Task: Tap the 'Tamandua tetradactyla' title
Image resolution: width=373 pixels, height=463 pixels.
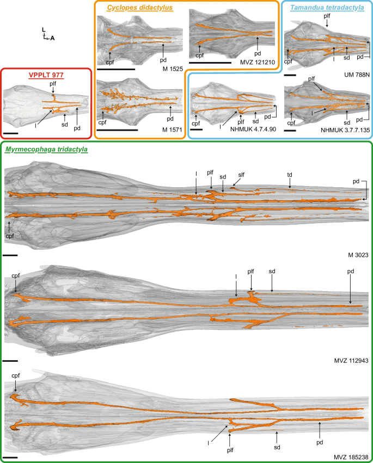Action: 325,8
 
